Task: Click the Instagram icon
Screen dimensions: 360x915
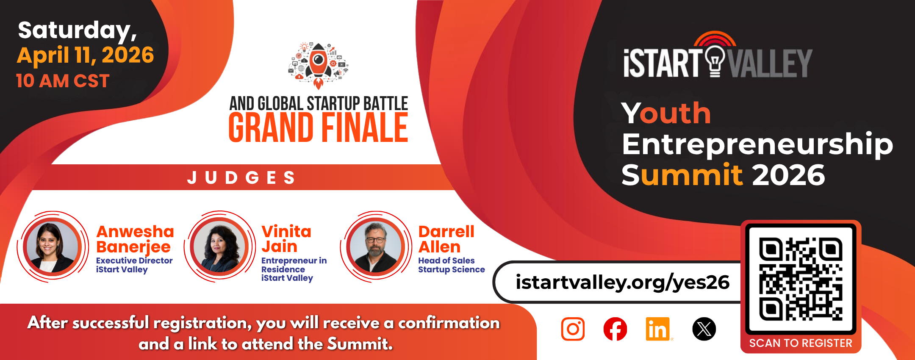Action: coord(573,329)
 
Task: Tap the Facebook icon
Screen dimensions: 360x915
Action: coord(615,329)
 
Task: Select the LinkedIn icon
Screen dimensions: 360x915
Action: coord(657,329)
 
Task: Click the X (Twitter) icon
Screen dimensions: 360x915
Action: coord(704,329)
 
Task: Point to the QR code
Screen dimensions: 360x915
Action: coord(801,279)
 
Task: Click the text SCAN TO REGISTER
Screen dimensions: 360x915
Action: coord(801,343)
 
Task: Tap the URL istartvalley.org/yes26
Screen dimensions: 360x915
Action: coord(622,282)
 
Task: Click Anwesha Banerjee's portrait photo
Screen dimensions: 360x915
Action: coord(53,247)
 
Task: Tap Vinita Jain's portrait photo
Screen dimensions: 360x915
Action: coord(219,247)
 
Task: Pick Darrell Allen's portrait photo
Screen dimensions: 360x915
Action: coord(376,247)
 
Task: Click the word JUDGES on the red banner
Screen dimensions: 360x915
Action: coord(241,177)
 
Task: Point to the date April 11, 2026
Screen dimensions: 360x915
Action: coord(85,55)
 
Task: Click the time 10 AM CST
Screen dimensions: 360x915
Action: coord(63,80)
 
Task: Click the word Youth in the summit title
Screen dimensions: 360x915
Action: coord(666,114)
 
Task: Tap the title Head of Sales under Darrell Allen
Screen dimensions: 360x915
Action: coord(446,260)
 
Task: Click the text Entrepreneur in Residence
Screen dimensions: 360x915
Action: coord(294,265)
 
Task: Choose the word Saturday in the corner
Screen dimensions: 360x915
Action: coord(76,30)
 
